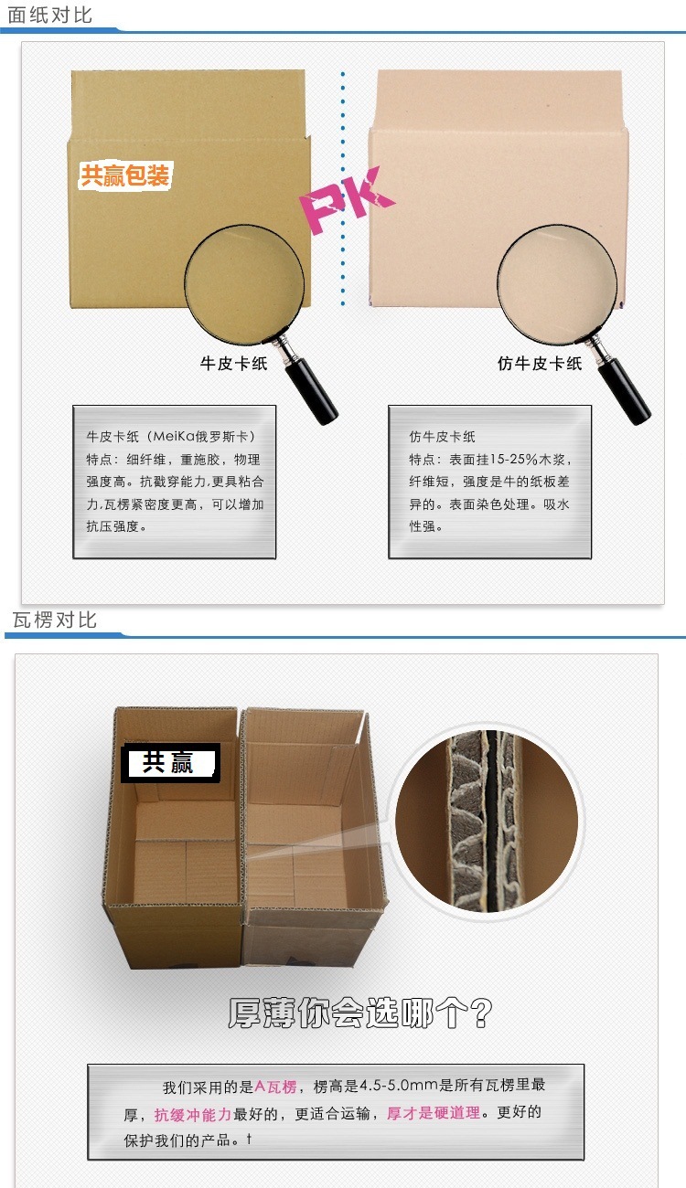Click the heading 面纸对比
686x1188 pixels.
click(x=50, y=15)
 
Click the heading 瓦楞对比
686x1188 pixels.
click(x=54, y=620)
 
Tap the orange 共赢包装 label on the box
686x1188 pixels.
click(x=124, y=175)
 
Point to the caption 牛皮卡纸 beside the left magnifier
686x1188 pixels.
click(x=233, y=364)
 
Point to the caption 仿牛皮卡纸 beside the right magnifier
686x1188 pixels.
click(x=540, y=364)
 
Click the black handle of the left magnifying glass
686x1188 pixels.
click(x=311, y=390)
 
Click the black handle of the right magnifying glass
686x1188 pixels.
click(x=624, y=390)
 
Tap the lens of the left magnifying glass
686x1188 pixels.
click(x=244, y=283)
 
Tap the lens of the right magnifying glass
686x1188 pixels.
click(x=557, y=283)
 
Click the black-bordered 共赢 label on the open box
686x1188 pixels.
click(x=170, y=763)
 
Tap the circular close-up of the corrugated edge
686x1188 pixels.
click(x=487, y=821)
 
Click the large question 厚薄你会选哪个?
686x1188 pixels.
click(x=360, y=1013)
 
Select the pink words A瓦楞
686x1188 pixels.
click(x=275, y=1087)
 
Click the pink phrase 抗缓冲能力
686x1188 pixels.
click(x=193, y=1114)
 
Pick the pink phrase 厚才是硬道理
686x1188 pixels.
click(x=434, y=1113)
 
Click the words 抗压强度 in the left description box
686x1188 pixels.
click(x=113, y=526)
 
